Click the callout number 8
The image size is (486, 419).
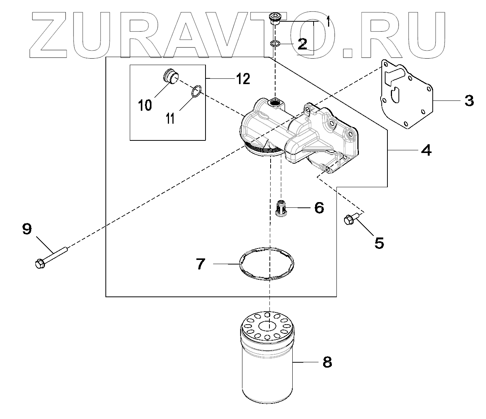[327, 362]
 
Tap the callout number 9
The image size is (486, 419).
[27, 229]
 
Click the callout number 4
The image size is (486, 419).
[426, 150]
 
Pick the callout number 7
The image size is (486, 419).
[200, 264]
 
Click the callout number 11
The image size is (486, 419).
[170, 118]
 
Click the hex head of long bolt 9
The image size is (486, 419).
[40, 263]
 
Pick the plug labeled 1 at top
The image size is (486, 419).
[274, 18]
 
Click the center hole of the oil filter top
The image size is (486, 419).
[268, 326]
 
